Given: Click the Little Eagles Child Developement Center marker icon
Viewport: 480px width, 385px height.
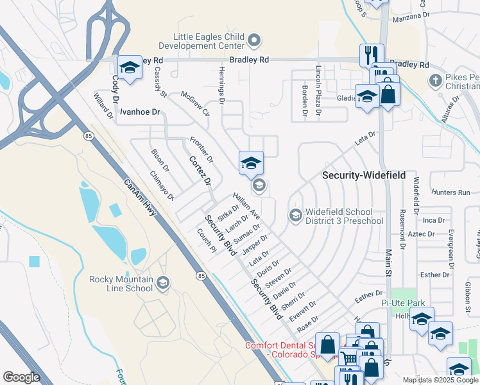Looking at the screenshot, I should (x=254, y=41).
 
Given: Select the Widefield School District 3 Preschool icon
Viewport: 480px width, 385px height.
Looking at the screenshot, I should (x=295, y=214).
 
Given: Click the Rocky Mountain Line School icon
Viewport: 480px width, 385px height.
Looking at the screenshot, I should (x=163, y=283).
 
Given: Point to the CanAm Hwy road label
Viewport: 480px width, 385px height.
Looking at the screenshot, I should (x=141, y=197).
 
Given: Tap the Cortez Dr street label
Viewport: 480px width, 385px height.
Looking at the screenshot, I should (x=200, y=171).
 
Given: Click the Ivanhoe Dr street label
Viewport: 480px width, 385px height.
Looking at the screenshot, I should (x=139, y=112).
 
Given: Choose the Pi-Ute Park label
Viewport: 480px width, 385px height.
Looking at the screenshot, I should (x=418, y=302).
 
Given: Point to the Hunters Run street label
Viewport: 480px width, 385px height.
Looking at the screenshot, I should (x=451, y=193).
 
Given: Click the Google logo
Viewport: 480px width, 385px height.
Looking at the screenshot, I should (x=21, y=377).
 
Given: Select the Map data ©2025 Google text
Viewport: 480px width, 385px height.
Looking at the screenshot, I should (x=440, y=380).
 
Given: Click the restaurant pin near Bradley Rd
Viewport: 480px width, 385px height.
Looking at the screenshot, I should (x=372, y=55).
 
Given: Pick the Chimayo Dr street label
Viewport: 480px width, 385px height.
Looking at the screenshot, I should (x=162, y=185).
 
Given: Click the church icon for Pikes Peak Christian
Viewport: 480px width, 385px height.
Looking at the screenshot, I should (x=436, y=81).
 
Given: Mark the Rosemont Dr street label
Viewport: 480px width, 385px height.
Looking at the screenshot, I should (x=403, y=228).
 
